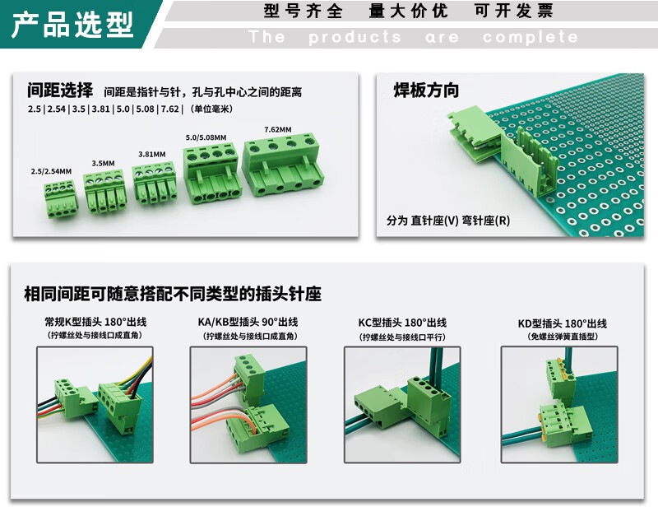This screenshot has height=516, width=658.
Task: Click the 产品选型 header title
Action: (72, 25)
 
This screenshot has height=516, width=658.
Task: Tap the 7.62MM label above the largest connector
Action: (278, 130)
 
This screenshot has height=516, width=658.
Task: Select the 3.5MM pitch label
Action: (104, 163)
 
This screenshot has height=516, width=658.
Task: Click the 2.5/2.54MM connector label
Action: (51, 171)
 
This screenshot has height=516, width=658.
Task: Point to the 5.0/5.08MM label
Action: (206, 137)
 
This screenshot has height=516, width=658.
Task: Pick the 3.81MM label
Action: (152, 155)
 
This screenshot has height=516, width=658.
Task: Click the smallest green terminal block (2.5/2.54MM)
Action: (61, 198)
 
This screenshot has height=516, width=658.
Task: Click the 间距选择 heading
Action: (60, 90)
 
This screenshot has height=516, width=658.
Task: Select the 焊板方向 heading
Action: (426, 91)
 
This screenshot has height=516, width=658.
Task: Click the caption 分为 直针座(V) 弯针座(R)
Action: (448, 221)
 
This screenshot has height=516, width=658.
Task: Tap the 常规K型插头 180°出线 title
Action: (95, 322)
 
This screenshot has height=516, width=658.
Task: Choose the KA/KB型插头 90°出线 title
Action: (248, 322)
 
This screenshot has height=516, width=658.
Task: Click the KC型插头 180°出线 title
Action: (402, 323)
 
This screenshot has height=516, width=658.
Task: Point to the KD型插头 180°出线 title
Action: (563, 323)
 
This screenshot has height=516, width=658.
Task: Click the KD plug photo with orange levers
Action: (559, 405)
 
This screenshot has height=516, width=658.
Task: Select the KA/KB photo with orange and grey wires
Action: (248, 405)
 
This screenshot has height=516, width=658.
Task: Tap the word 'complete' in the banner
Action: (530, 37)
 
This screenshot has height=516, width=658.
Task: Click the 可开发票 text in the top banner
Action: (513, 11)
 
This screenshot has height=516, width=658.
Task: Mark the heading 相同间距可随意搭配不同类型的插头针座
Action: (173, 294)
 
